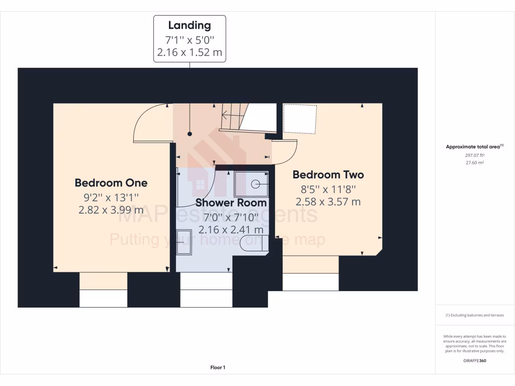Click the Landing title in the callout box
tap(190, 25)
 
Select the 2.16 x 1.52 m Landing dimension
tap(190, 52)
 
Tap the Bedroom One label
tap(111, 182)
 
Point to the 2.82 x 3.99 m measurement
tap(111, 210)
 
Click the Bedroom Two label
tap(328, 175)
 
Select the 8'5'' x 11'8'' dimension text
tap(328, 189)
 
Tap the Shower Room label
tap(231, 203)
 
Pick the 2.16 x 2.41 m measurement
tap(231, 230)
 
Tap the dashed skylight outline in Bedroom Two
tap(300, 119)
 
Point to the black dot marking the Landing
tap(190, 134)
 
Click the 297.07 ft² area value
tap(474, 155)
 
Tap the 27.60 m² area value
tap(474, 163)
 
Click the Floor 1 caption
tap(218, 367)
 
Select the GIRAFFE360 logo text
tap(474, 360)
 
